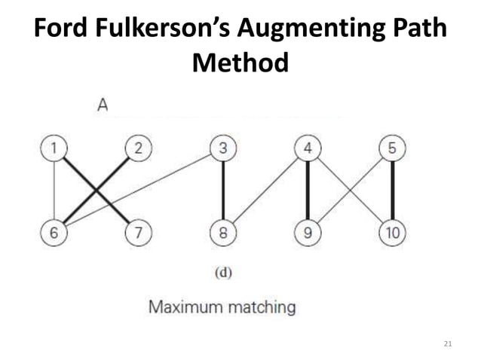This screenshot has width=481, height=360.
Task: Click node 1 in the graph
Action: point(53,148)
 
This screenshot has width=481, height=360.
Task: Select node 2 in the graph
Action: point(137,148)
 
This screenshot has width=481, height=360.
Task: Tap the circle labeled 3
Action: point(222,148)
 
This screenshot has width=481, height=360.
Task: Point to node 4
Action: point(308,148)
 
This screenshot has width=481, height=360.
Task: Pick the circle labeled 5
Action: point(392,148)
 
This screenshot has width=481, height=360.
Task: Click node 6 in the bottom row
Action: point(53,233)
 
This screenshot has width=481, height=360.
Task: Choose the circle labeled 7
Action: point(137,233)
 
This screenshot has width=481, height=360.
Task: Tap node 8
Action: point(222,233)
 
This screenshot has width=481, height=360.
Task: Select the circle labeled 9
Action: point(308,233)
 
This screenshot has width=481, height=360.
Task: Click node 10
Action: point(392,233)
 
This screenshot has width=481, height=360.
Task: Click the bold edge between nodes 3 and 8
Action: point(222,191)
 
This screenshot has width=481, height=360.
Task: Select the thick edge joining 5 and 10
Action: point(392,191)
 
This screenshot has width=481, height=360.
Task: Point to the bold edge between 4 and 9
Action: point(308,191)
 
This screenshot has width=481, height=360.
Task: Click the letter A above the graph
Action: point(103,106)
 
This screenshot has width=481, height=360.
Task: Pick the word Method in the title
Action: point(240,63)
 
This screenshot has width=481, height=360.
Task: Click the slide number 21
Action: point(449,344)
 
